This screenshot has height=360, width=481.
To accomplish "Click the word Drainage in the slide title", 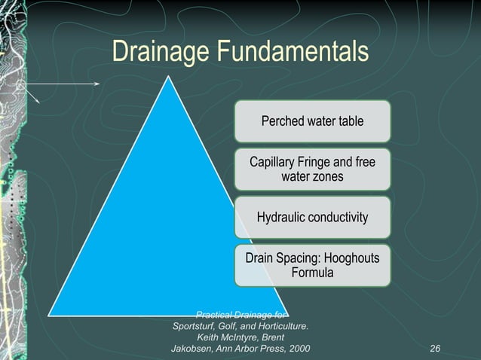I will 160,52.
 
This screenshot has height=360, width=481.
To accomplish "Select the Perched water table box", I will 312,121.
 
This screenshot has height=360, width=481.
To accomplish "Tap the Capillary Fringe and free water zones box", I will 312,169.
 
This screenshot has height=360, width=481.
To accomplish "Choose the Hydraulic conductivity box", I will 312,218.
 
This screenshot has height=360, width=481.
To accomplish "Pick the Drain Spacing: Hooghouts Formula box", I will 312,265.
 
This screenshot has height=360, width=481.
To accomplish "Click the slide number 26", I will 434,349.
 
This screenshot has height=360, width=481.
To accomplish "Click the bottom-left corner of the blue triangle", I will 51,313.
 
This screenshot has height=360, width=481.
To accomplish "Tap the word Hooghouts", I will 347,258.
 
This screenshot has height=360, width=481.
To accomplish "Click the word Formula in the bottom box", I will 312,273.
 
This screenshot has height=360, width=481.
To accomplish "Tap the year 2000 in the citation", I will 297,349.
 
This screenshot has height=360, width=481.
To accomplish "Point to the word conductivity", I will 342,218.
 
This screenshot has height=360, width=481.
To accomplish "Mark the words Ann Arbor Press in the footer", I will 252,349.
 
